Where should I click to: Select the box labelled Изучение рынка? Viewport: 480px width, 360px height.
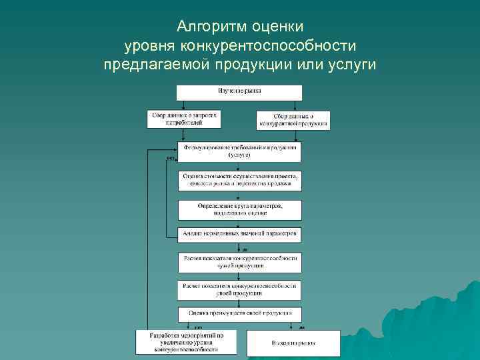pos(239,92)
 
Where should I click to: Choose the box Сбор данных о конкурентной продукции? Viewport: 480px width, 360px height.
pos(293,120)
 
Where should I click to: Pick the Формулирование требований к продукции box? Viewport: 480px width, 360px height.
pos(239,151)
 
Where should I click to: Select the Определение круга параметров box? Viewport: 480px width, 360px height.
pos(239,209)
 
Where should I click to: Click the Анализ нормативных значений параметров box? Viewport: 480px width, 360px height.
pos(239,234)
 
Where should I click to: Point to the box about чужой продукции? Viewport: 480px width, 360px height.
pos(239,261)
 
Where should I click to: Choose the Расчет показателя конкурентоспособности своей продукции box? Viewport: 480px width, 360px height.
pos(239,290)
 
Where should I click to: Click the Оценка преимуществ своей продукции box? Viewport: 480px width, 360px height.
pos(239,313)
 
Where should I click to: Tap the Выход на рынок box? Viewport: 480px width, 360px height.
pos(293,343)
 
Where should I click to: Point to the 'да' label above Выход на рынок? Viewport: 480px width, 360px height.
pos(301,327)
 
